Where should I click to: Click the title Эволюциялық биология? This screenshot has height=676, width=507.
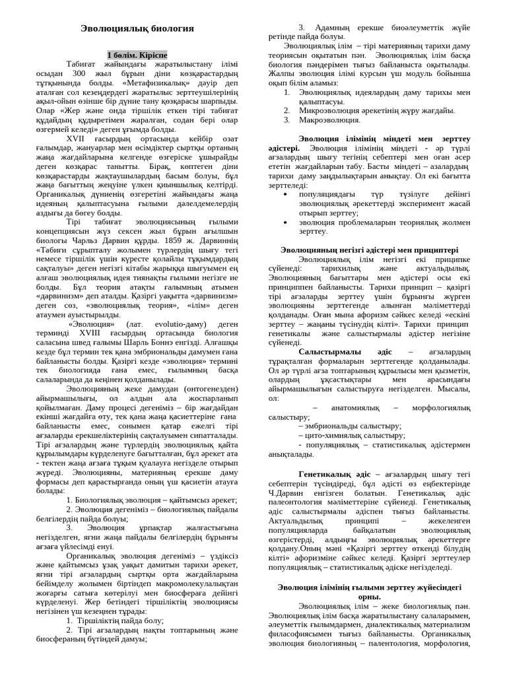point(137,29)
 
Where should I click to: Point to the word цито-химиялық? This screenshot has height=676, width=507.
point(328,436)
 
